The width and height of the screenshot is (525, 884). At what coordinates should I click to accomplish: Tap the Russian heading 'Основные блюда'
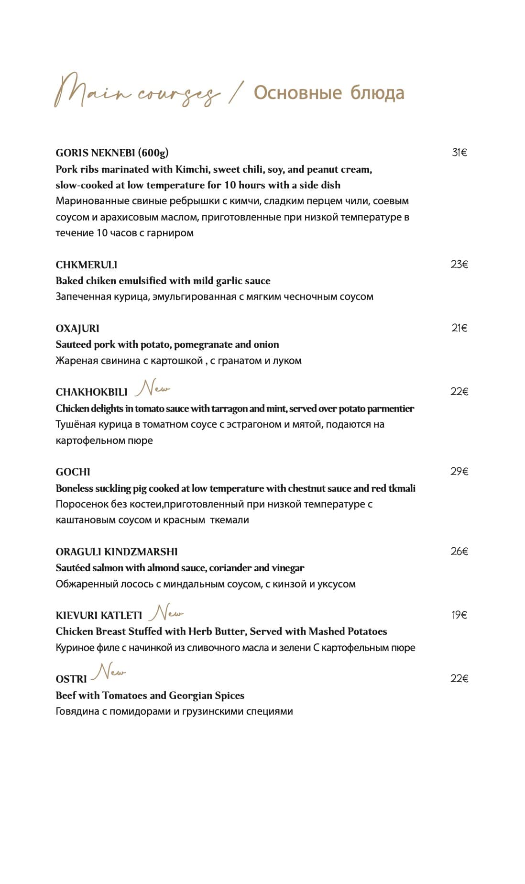329,93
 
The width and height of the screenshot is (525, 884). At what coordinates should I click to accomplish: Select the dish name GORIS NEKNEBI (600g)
112,153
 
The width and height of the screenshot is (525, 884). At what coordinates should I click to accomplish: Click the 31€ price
459,153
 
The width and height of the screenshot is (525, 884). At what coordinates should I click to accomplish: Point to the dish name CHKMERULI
87,265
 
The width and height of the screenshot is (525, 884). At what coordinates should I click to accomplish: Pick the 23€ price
459,264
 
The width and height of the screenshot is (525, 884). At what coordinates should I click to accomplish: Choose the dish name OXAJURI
77,329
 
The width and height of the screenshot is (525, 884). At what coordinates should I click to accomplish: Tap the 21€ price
459,328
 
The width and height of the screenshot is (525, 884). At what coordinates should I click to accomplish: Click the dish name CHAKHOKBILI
91,392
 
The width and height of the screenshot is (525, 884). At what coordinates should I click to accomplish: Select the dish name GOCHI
73,472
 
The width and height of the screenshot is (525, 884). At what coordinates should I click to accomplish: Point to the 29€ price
459,471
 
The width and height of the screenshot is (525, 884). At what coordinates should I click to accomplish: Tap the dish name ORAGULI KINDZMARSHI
117,552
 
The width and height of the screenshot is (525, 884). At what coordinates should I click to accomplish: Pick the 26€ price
459,551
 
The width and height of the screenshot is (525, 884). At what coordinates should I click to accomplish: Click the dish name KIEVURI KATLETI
99,616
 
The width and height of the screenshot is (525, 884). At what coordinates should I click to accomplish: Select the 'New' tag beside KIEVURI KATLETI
166,612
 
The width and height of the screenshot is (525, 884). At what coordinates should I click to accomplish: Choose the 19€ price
459,615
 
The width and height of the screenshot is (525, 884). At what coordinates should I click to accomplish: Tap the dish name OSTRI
71,679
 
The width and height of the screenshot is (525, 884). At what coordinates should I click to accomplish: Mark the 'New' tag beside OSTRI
109,672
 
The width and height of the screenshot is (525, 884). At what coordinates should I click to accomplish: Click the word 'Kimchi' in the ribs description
192,169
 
